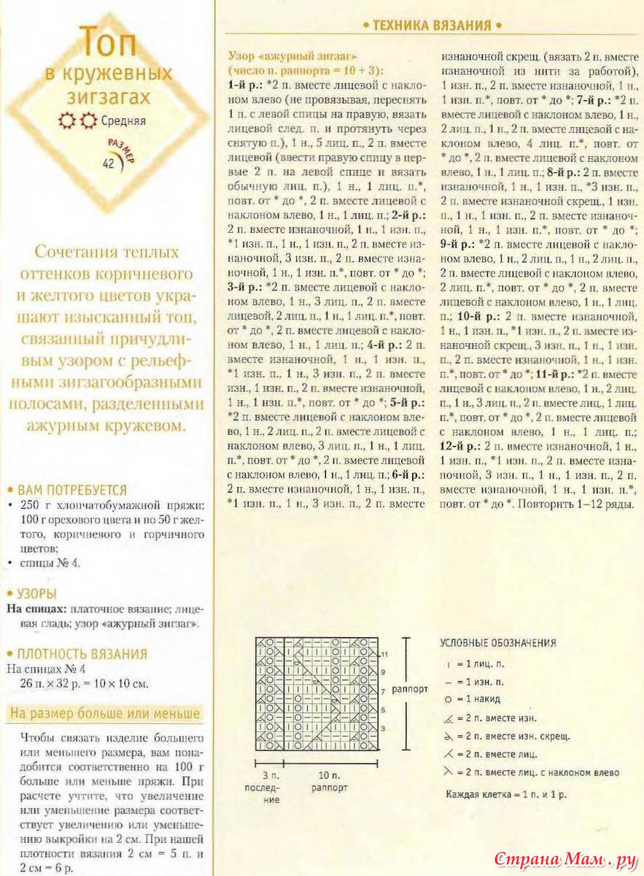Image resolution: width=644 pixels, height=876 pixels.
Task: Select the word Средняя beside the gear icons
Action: pyautogui.click(x=123, y=122)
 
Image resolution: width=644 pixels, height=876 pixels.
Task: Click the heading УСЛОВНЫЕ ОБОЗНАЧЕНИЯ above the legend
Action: pyautogui.click(x=497, y=643)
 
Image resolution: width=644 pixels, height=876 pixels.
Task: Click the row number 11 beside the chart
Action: pyautogui.click(x=384, y=653)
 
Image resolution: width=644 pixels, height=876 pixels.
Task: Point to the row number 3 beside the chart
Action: pyautogui.click(x=383, y=728)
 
